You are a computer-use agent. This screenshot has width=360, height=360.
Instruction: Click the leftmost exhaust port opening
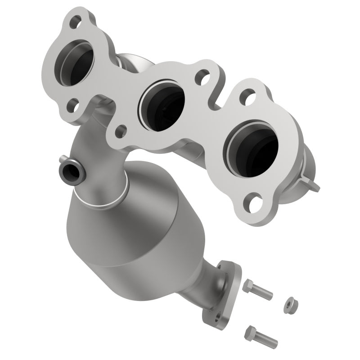[x=76, y=67]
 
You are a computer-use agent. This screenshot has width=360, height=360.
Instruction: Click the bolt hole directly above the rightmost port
[x=247, y=96]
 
